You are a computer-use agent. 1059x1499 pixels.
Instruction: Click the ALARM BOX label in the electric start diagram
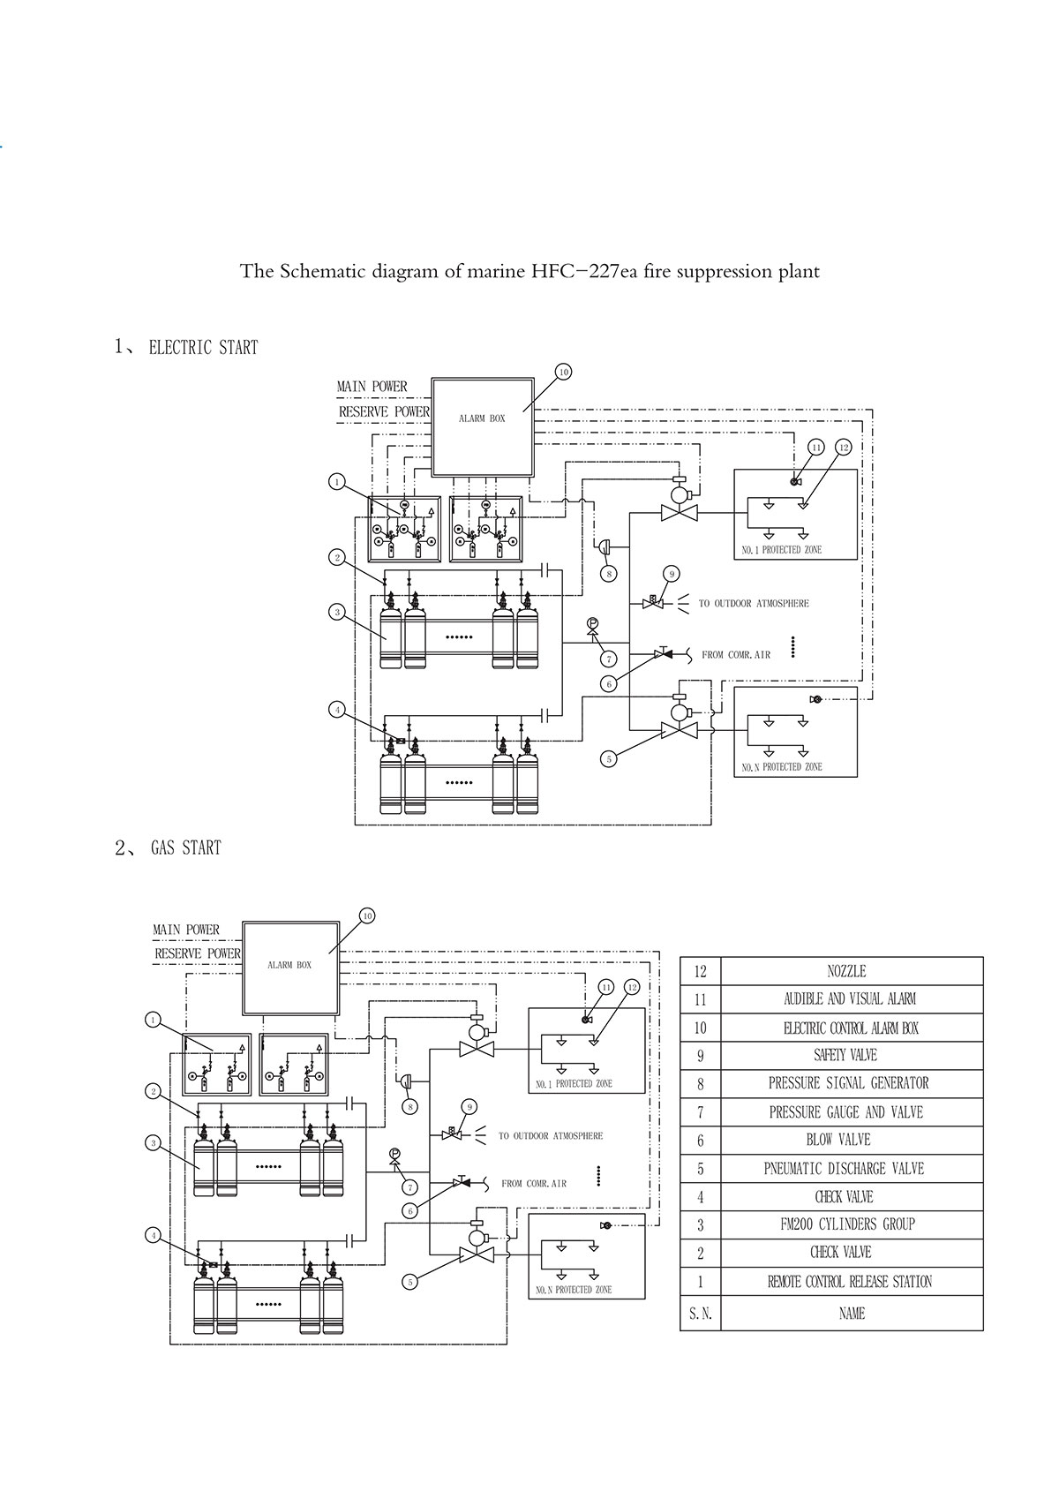pyautogui.click(x=482, y=418)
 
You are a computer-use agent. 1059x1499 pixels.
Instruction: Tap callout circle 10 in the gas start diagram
pyautogui.click(x=367, y=915)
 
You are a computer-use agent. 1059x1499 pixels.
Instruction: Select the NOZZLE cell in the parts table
pyautogui.click(x=846, y=971)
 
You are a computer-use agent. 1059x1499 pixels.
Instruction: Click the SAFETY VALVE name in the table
pyautogui.click(x=845, y=1055)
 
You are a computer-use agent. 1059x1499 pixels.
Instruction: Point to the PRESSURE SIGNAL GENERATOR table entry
pyautogui.click(x=848, y=1083)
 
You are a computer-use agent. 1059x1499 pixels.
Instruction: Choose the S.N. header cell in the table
pyautogui.click(x=701, y=1314)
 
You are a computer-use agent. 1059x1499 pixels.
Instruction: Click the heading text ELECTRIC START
pyautogui.click(x=203, y=348)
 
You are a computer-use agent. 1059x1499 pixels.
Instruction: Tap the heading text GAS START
pyautogui.click(x=185, y=848)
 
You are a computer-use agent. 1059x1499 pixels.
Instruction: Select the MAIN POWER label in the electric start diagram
pyautogui.click(x=372, y=387)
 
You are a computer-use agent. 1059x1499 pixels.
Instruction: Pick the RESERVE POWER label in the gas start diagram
pyautogui.click(x=198, y=953)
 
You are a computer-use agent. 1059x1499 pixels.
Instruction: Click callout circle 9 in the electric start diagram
pyautogui.click(x=672, y=574)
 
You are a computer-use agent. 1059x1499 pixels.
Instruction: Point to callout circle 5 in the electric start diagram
pyautogui.click(x=608, y=758)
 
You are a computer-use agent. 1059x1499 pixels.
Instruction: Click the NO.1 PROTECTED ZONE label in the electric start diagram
pyautogui.click(x=782, y=550)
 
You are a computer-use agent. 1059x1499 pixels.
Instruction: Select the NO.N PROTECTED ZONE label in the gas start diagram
pyautogui.click(x=574, y=1290)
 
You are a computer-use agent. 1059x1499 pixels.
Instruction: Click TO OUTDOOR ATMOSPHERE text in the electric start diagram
pyautogui.click(x=754, y=604)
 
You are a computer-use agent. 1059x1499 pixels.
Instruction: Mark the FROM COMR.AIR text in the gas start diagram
pyautogui.click(x=534, y=1183)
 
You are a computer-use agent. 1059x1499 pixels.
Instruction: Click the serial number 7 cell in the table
pyautogui.click(x=701, y=1112)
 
